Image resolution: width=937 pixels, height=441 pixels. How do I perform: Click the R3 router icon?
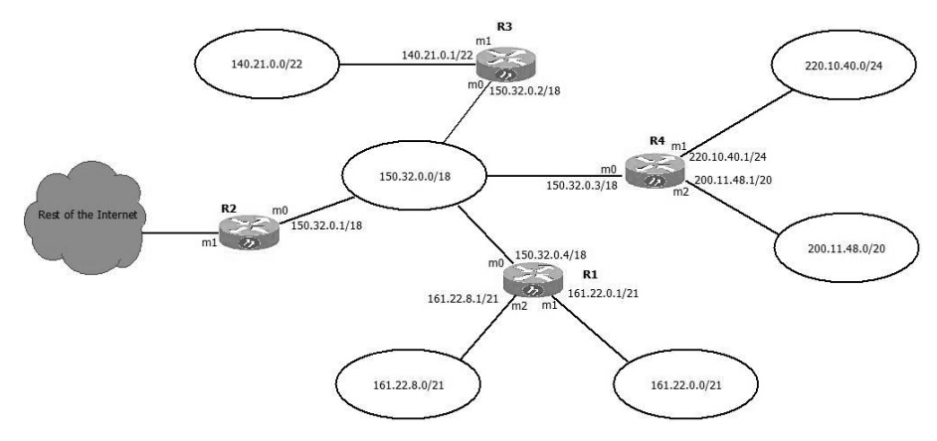click(x=503, y=66)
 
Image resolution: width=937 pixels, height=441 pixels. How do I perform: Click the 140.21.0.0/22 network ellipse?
click(x=269, y=69)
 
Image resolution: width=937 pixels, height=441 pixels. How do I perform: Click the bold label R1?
click(x=591, y=272)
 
